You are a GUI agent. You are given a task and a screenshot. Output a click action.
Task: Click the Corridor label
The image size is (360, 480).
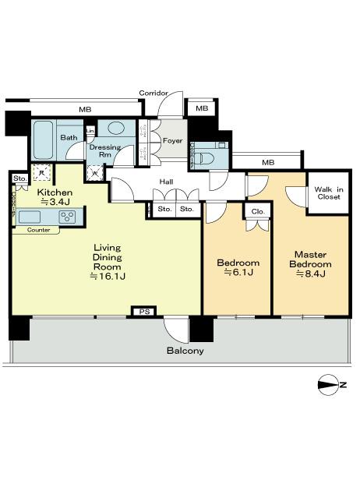[154, 94]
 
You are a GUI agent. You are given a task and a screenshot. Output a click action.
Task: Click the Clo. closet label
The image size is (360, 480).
[256, 211]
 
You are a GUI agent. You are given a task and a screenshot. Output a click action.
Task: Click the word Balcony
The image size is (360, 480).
[185, 351]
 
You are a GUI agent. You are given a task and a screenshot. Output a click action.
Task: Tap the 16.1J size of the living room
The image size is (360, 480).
[108, 276]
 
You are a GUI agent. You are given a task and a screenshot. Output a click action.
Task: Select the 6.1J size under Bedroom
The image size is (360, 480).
[238, 274]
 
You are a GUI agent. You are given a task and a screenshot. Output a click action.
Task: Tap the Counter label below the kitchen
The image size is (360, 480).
[38, 231]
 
